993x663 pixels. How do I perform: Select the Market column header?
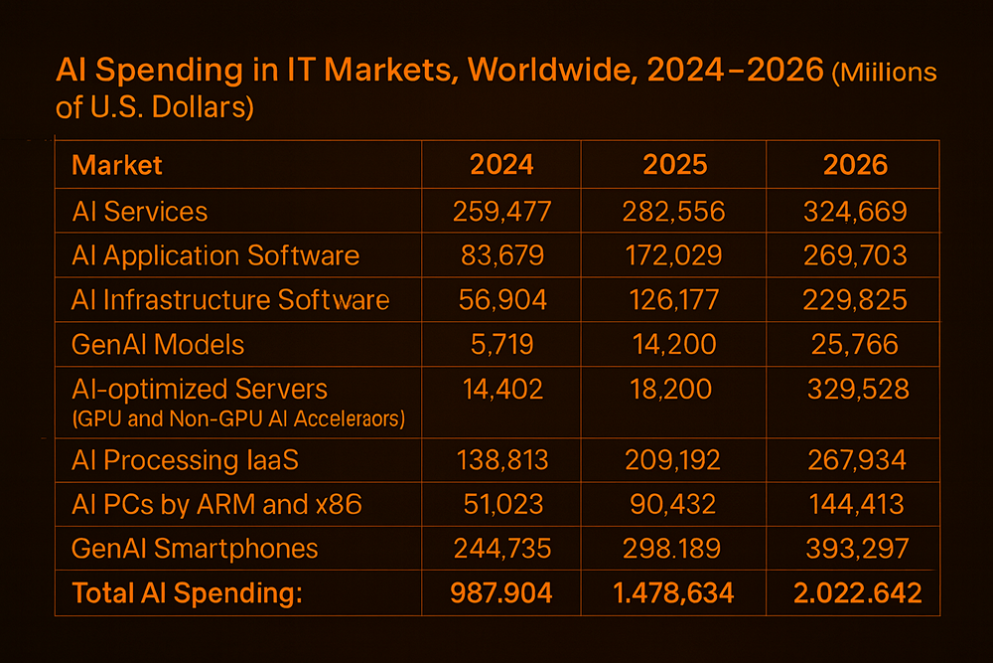(117, 164)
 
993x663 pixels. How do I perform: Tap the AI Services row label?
(140, 211)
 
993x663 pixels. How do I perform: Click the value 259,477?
(501, 211)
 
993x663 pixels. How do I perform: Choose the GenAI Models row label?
(158, 345)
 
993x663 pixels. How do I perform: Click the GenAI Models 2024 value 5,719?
(501, 345)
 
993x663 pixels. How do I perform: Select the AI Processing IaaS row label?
(185, 460)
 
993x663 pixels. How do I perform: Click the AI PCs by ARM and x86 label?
(216, 504)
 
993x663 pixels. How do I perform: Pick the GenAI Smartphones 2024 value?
(501, 549)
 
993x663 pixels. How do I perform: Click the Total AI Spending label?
(187, 593)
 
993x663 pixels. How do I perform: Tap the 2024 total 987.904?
(501, 593)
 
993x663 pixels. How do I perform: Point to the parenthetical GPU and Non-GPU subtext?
(238, 418)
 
